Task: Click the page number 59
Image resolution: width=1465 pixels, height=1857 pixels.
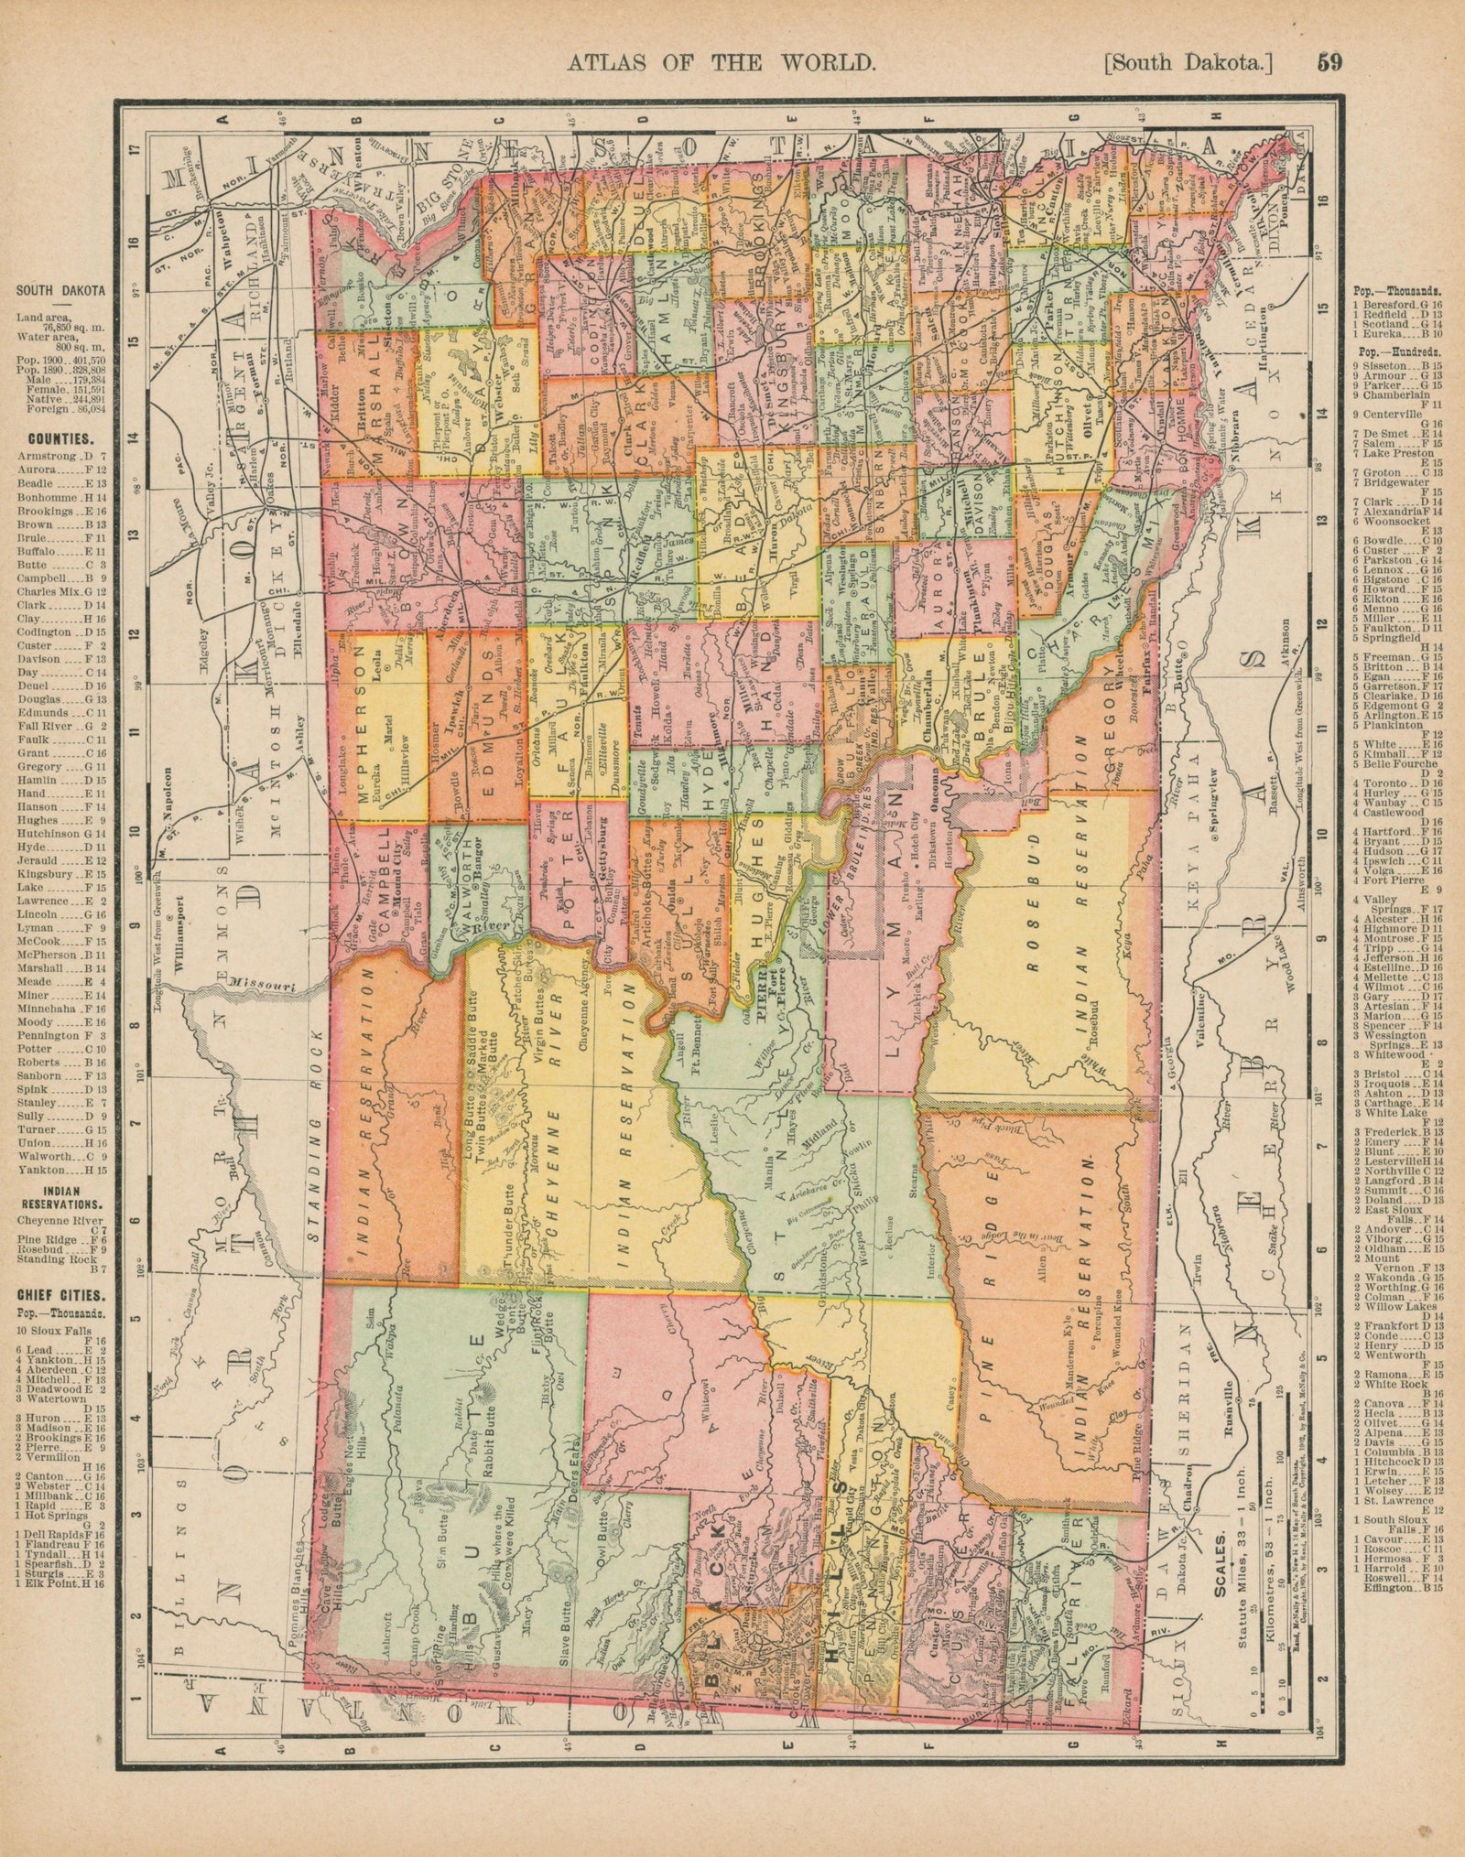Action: [1329, 63]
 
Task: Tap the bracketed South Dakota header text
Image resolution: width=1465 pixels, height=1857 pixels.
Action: [1189, 63]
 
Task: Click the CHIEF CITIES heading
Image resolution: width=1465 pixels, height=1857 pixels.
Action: [60, 1296]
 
